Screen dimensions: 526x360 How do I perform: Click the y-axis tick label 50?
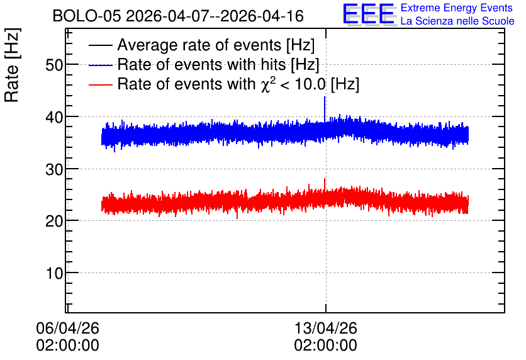point(54,65)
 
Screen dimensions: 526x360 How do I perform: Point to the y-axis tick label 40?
point(54,117)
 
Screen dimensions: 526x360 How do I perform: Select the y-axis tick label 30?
point(54,169)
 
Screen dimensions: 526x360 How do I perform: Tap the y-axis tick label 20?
point(54,221)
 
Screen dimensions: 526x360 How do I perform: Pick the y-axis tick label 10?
point(55,273)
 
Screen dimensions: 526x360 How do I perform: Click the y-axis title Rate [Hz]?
point(12,65)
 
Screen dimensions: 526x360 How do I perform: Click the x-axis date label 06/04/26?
point(68,328)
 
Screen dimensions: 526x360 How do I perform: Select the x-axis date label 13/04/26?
point(326,328)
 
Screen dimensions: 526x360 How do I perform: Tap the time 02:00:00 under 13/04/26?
point(326,346)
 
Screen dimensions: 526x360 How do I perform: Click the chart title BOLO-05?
point(87,16)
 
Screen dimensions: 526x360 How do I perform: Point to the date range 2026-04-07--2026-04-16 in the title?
point(215,16)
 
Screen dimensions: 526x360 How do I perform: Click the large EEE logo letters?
point(369,14)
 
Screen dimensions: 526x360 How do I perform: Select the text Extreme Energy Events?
point(457,8)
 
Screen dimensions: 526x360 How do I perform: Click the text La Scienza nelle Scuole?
point(457,21)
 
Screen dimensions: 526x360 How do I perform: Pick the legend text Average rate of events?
point(199,45)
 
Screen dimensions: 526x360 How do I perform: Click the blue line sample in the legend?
point(100,65)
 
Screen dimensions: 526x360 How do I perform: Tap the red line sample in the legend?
point(100,84)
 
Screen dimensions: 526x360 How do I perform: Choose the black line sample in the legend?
point(100,45)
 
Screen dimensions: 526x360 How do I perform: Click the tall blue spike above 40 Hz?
point(325,109)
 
